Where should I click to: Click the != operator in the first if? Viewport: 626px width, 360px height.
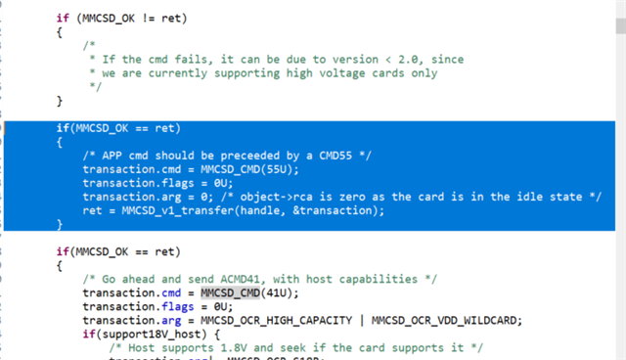[x=147, y=19]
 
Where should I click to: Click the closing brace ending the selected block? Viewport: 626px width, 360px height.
[x=59, y=224]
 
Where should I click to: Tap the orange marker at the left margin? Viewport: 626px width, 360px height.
[x=3, y=128]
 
